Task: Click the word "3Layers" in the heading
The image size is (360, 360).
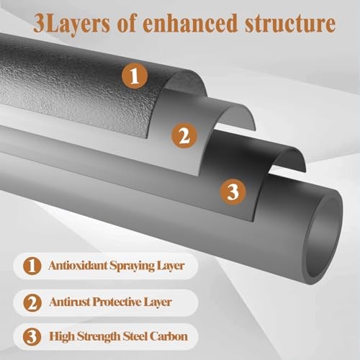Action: [x=71, y=24]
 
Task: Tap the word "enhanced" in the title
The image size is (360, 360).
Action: [x=190, y=23]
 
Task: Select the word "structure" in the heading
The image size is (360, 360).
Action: [x=290, y=23]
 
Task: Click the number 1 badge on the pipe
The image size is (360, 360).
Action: [x=134, y=76]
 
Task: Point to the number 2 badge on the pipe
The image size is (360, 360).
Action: [x=184, y=135]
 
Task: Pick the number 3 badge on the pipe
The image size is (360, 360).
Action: [x=233, y=192]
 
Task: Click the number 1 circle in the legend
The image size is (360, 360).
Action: [x=32, y=266]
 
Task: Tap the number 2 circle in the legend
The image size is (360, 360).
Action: [x=32, y=302]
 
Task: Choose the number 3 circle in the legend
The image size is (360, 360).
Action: [x=32, y=336]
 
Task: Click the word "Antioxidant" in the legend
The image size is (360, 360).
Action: [x=78, y=265]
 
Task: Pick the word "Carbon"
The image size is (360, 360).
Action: [x=168, y=336]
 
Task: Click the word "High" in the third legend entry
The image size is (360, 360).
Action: [x=62, y=337]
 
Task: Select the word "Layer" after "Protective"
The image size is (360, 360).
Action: [x=158, y=302]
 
